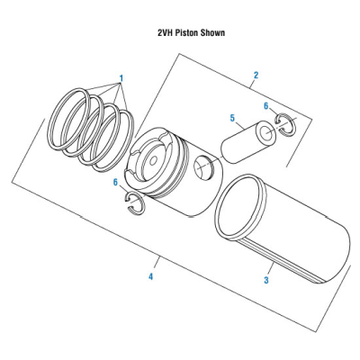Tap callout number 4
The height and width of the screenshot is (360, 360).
(x=150, y=277)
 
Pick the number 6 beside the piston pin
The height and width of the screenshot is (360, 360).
(x=265, y=107)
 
